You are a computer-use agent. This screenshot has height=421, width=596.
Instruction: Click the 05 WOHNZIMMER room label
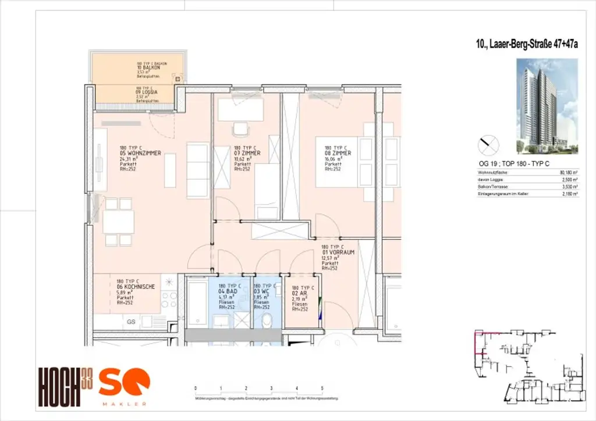point(140,154)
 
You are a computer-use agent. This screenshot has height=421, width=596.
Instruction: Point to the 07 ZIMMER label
point(247,154)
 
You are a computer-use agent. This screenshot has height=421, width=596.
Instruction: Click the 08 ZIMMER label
point(338,154)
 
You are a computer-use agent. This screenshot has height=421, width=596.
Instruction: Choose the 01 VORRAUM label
point(338,252)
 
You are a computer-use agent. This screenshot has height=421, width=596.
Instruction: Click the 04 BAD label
point(229,292)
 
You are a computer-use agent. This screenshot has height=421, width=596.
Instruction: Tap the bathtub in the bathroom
point(196,302)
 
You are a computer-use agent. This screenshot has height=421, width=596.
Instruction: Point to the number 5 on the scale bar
point(322,388)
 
